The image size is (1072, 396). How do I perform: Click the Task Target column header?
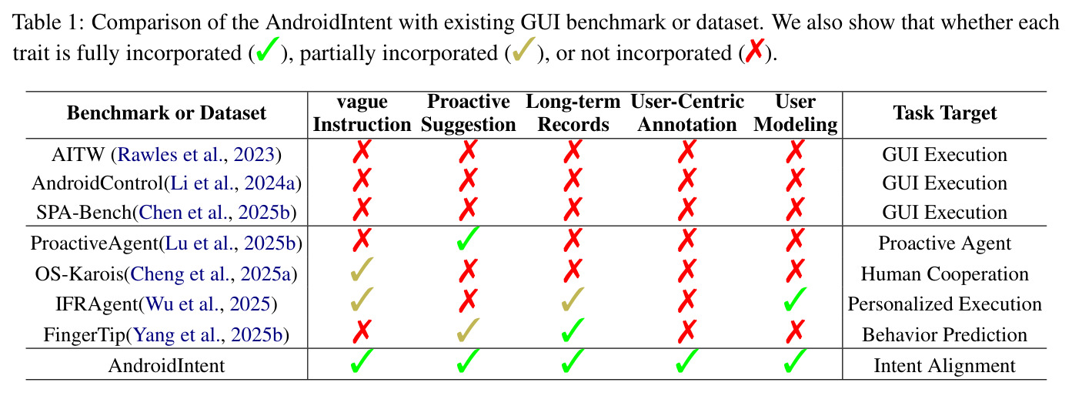[x=945, y=113]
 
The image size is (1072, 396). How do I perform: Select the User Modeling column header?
[x=796, y=113]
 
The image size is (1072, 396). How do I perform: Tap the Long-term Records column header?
[x=573, y=113]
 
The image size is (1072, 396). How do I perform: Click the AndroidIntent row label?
[x=166, y=365]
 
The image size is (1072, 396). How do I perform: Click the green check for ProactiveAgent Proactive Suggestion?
[x=468, y=239]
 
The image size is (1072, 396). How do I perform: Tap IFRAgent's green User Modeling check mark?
[x=795, y=300]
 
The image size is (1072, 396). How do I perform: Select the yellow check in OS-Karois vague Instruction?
[x=362, y=270]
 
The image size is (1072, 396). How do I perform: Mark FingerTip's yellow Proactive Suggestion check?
[x=468, y=331]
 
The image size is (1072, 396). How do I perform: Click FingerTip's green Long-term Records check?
[x=573, y=331]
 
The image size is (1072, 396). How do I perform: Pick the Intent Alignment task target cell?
[x=945, y=365]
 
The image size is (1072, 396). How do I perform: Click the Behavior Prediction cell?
[x=945, y=334]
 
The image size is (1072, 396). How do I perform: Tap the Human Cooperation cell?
[x=945, y=274]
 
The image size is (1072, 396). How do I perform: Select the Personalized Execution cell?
[x=945, y=304]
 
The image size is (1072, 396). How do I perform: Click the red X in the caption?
[x=755, y=51]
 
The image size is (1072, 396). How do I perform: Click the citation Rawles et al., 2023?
[x=196, y=155]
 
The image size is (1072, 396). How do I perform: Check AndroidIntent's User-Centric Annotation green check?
[x=686, y=361]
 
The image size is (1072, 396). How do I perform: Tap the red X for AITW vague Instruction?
[x=362, y=151]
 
